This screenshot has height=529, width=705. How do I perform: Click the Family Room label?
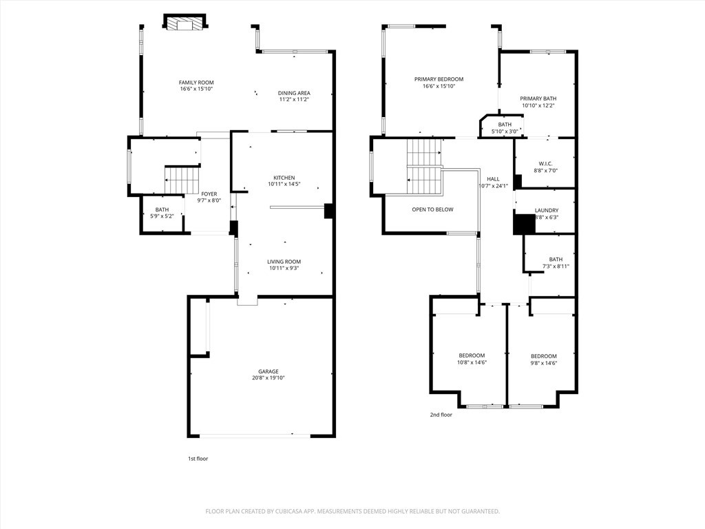tap(196, 83)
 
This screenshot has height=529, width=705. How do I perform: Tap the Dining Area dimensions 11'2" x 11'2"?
tap(294, 99)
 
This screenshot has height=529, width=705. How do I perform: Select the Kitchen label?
tap(284, 178)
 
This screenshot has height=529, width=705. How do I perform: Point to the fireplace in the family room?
tap(185, 23)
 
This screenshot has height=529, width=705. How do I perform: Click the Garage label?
tap(269, 371)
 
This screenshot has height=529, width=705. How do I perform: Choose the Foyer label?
tap(209, 194)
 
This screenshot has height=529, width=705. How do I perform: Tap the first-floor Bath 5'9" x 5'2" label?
tap(162, 213)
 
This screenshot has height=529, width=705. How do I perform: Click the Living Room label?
tap(284, 262)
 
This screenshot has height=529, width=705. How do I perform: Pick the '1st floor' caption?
tap(198, 459)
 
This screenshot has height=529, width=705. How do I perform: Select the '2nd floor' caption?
tap(441, 415)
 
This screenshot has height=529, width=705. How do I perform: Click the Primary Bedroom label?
tap(439, 79)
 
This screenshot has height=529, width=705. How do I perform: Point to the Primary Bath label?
tap(538, 98)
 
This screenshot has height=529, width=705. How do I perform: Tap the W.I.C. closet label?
tap(545, 164)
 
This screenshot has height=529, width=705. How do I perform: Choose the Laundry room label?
tap(547, 211)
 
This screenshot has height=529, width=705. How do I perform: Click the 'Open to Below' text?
tap(432, 209)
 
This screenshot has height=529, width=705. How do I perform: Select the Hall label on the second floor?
tap(493, 179)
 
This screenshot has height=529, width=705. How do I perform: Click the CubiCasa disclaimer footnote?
tap(352, 512)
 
